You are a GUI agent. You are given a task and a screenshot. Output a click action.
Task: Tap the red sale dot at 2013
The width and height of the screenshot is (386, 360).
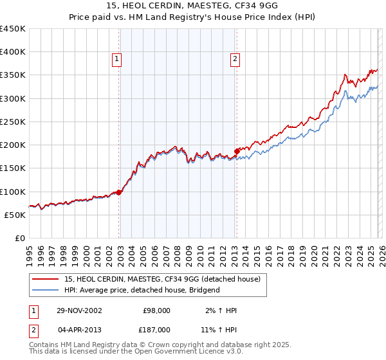pyautogui.click(x=237, y=151)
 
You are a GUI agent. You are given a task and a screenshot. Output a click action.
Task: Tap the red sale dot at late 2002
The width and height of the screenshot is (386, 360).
pyautogui.click(x=119, y=192)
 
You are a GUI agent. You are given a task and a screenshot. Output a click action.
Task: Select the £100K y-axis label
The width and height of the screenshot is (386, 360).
pyautogui.click(x=13, y=192)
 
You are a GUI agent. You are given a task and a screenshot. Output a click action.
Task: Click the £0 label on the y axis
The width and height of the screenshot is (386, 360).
pyautogui.click(x=19, y=238)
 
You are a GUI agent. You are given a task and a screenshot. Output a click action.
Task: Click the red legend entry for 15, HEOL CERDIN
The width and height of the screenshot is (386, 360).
pyautogui.click(x=161, y=279)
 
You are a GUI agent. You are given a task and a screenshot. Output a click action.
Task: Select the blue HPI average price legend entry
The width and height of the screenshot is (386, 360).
pyautogui.click(x=142, y=290)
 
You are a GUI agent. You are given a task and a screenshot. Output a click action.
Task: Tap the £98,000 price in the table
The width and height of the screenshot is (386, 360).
pyautogui.click(x=157, y=310)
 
